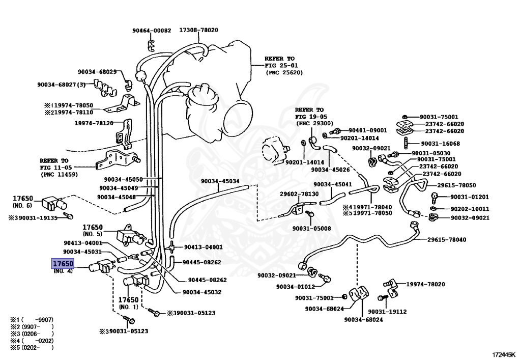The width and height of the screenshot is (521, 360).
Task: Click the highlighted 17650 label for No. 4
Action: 63,264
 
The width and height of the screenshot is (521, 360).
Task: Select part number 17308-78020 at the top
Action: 198,30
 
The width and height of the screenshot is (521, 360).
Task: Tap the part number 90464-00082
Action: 152,30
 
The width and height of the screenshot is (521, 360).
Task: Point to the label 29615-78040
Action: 447,239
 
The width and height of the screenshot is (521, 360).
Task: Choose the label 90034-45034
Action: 220,181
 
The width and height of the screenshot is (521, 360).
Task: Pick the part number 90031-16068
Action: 436,144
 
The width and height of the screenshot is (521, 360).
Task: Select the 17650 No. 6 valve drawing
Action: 51,203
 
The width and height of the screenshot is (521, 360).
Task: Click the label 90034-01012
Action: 296,287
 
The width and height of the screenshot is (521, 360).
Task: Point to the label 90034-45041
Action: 333,184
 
